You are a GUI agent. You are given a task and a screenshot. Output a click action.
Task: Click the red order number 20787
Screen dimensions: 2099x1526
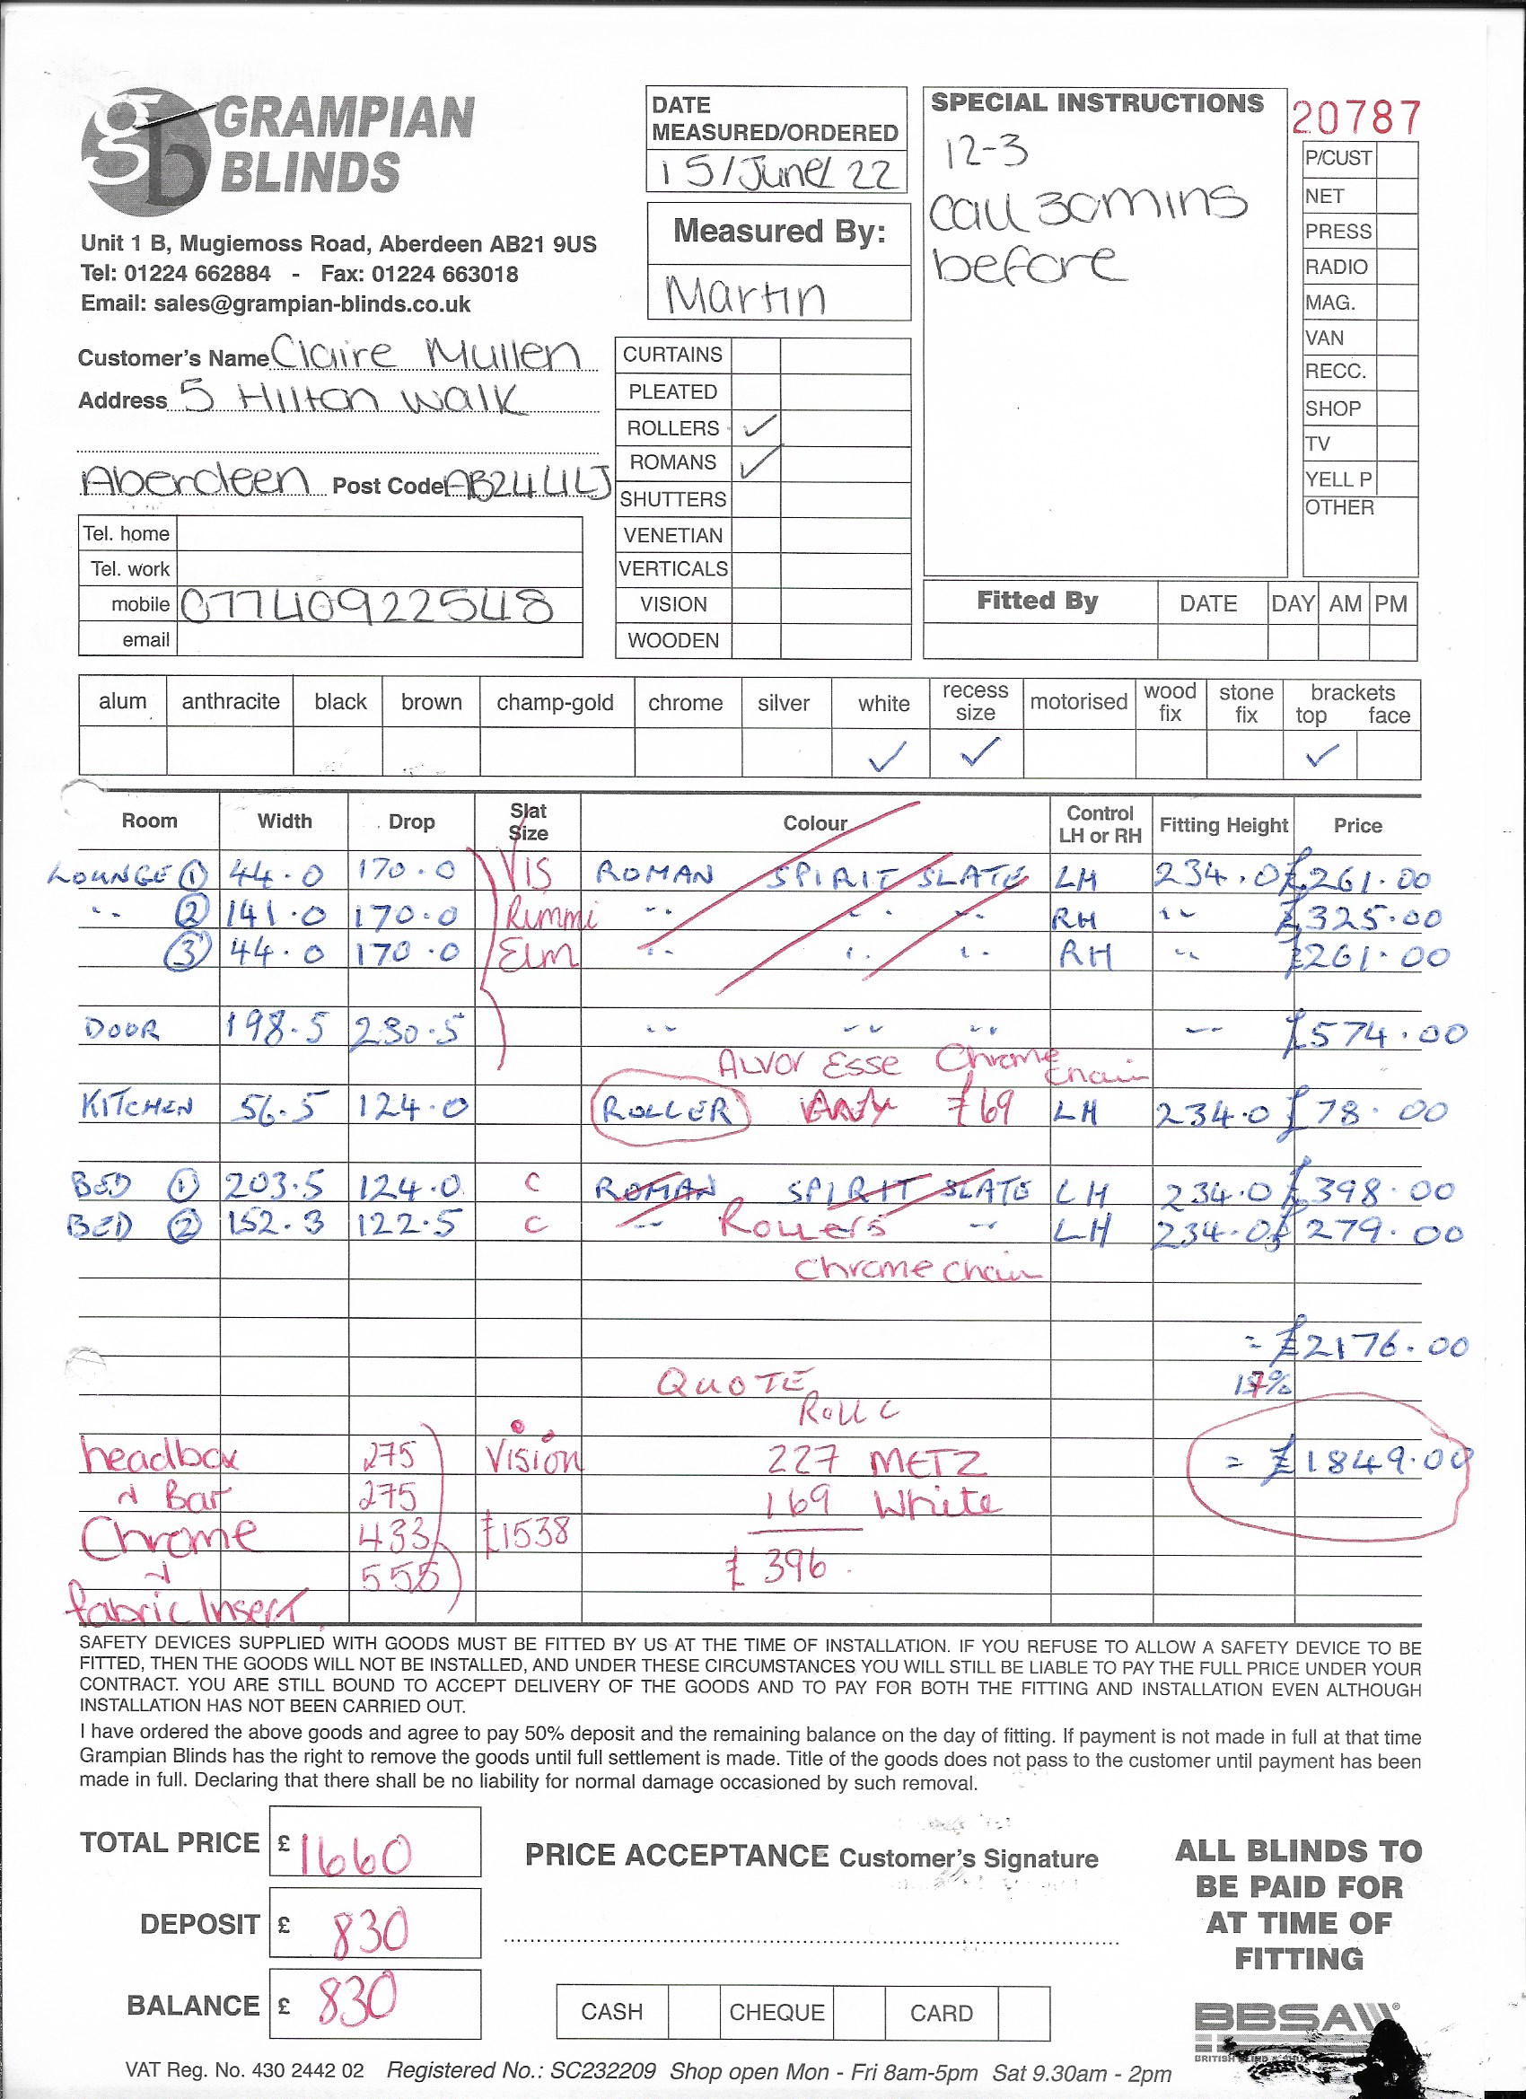(1355, 118)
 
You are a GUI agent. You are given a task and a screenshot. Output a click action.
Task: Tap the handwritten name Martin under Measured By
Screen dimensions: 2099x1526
(745, 296)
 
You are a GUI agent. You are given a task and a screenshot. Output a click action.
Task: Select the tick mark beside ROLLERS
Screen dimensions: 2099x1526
(759, 426)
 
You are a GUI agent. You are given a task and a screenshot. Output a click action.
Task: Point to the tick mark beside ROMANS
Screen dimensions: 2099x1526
(759, 461)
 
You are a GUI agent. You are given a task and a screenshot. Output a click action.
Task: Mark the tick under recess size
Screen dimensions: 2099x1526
(980, 751)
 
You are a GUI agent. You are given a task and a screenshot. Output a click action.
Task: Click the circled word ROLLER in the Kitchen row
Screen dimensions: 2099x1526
(668, 1109)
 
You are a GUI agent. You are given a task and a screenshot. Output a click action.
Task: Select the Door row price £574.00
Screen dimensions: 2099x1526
(1375, 1033)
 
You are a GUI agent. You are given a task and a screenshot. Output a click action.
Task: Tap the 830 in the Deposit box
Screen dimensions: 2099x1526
(370, 1930)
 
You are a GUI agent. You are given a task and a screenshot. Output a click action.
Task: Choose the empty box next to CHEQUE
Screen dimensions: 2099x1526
(858, 2012)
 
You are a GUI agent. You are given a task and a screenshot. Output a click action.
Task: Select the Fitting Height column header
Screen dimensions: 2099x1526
(1223, 824)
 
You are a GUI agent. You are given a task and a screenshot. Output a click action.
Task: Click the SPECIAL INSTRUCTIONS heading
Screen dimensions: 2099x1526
(1097, 102)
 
